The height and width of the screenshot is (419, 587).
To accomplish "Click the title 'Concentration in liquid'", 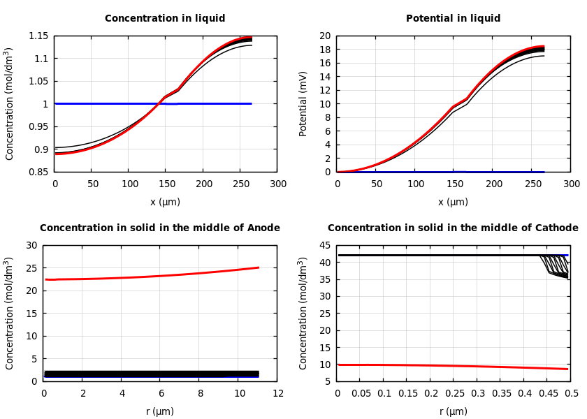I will (165, 19).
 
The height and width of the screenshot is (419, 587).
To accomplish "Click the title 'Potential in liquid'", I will (453, 19).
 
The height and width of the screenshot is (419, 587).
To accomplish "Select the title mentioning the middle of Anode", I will (160, 228).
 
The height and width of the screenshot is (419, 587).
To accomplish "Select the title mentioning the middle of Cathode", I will (453, 228).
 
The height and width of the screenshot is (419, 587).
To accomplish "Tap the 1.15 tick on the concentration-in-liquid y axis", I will (38, 36).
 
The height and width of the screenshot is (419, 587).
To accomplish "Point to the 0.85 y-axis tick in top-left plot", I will (38, 172).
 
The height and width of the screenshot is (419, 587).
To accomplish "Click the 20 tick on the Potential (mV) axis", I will (324, 36).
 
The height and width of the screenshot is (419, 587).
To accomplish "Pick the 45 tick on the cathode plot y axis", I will (324, 245).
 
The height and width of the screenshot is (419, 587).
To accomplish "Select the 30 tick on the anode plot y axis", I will (31, 245).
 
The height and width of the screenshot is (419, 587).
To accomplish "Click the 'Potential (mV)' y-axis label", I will (303, 103).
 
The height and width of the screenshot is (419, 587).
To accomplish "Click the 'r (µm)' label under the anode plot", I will (160, 411).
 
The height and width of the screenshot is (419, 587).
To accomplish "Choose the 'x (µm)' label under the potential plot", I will (453, 202).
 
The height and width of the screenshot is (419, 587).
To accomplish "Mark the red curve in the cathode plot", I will (454, 365).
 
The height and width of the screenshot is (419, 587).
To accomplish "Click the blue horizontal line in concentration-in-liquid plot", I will (210, 103).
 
